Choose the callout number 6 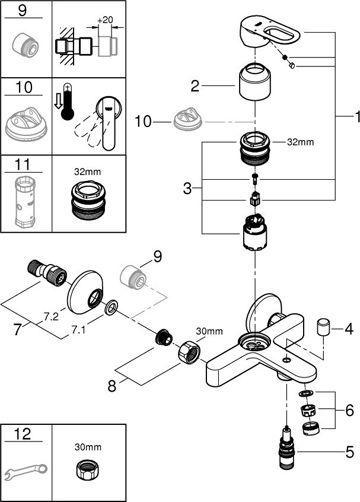(x=349, y=409)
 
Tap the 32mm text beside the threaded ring (x=301, y=142)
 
